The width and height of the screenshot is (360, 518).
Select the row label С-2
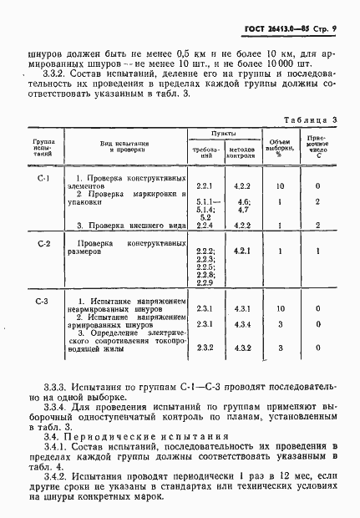44,242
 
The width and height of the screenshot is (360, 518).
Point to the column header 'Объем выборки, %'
280,145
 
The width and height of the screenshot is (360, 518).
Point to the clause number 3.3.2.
58,85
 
